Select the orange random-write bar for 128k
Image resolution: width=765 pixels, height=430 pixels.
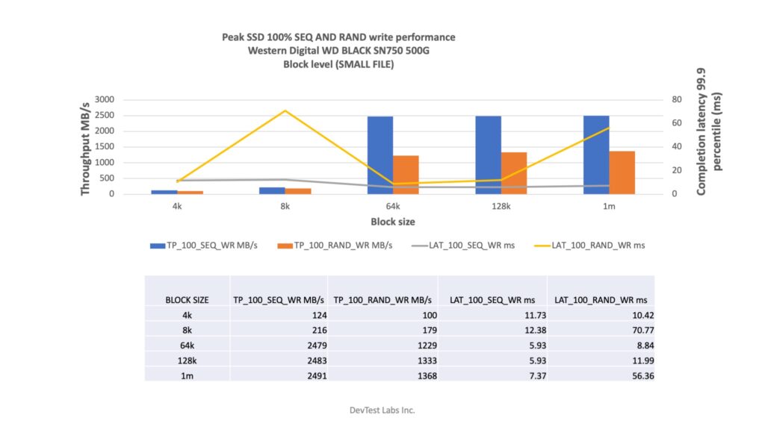pos(514,173)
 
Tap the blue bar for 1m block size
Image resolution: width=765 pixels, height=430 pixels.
pos(596,155)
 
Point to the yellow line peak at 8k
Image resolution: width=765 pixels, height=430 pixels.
pos(285,110)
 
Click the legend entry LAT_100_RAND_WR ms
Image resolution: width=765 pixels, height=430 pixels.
pos(598,245)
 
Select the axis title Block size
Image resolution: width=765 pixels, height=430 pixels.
pos(393,222)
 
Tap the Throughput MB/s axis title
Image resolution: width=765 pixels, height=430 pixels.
pos(85,146)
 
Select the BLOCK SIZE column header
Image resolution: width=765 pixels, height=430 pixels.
pos(187,299)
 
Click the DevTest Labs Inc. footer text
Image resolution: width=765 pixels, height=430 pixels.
pos(382,410)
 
